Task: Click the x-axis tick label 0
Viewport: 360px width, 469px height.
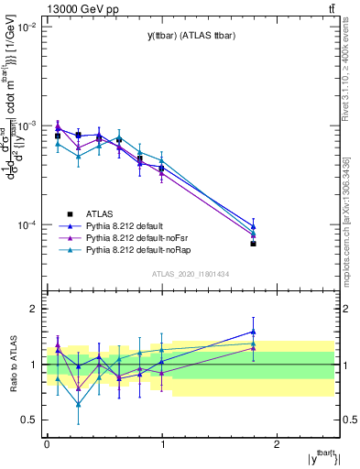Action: [47, 442]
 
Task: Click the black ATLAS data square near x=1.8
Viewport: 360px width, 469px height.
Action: [254, 244]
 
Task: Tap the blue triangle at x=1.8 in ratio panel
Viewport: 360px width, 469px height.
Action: [254, 332]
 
